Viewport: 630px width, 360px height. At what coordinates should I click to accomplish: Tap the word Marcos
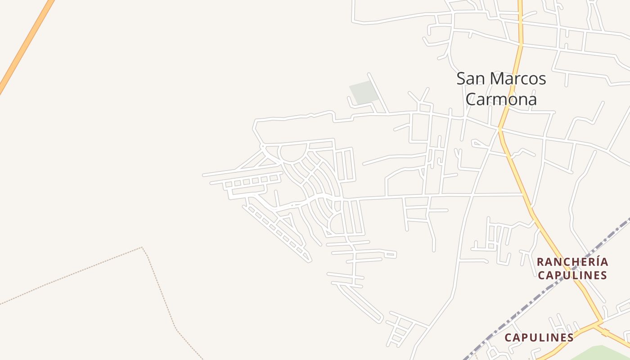[x=518, y=79]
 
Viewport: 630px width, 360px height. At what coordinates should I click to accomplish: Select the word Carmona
[x=501, y=99]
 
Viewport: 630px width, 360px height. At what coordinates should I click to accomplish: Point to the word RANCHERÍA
[x=572, y=262]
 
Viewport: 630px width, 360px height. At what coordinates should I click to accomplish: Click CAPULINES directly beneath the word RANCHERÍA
[x=572, y=275]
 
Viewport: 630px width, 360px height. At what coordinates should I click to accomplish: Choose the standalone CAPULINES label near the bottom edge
[x=539, y=337]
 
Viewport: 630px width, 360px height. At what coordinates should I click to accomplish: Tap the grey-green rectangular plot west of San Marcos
[x=364, y=92]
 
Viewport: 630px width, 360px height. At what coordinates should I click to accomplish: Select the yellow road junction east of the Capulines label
[x=599, y=322]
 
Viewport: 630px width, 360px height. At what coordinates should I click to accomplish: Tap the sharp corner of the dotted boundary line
[x=142, y=247]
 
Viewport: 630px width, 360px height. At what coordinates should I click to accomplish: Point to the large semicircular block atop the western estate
[x=293, y=152]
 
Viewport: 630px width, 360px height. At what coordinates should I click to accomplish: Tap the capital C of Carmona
[x=471, y=99]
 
